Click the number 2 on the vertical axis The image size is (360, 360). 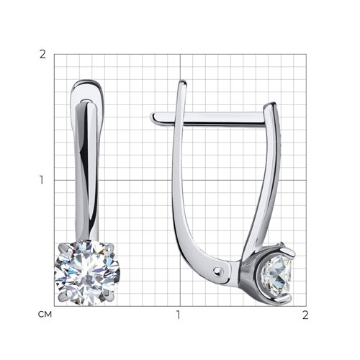pyautogui.click(x=42, y=55)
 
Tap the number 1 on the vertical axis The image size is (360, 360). pyautogui.click(x=42, y=180)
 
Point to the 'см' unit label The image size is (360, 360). pyautogui.click(x=45, y=315)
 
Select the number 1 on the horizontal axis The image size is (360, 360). pyautogui.click(x=178, y=315)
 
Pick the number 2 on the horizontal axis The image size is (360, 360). pyautogui.click(x=305, y=315)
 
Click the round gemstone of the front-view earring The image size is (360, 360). pyautogui.click(x=87, y=273)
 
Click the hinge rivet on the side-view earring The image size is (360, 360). pyautogui.click(x=218, y=271)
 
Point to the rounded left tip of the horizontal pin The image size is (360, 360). pyautogui.click(x=153, y=117)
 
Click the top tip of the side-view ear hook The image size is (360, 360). pyautogui.click(x=183, y=81)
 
